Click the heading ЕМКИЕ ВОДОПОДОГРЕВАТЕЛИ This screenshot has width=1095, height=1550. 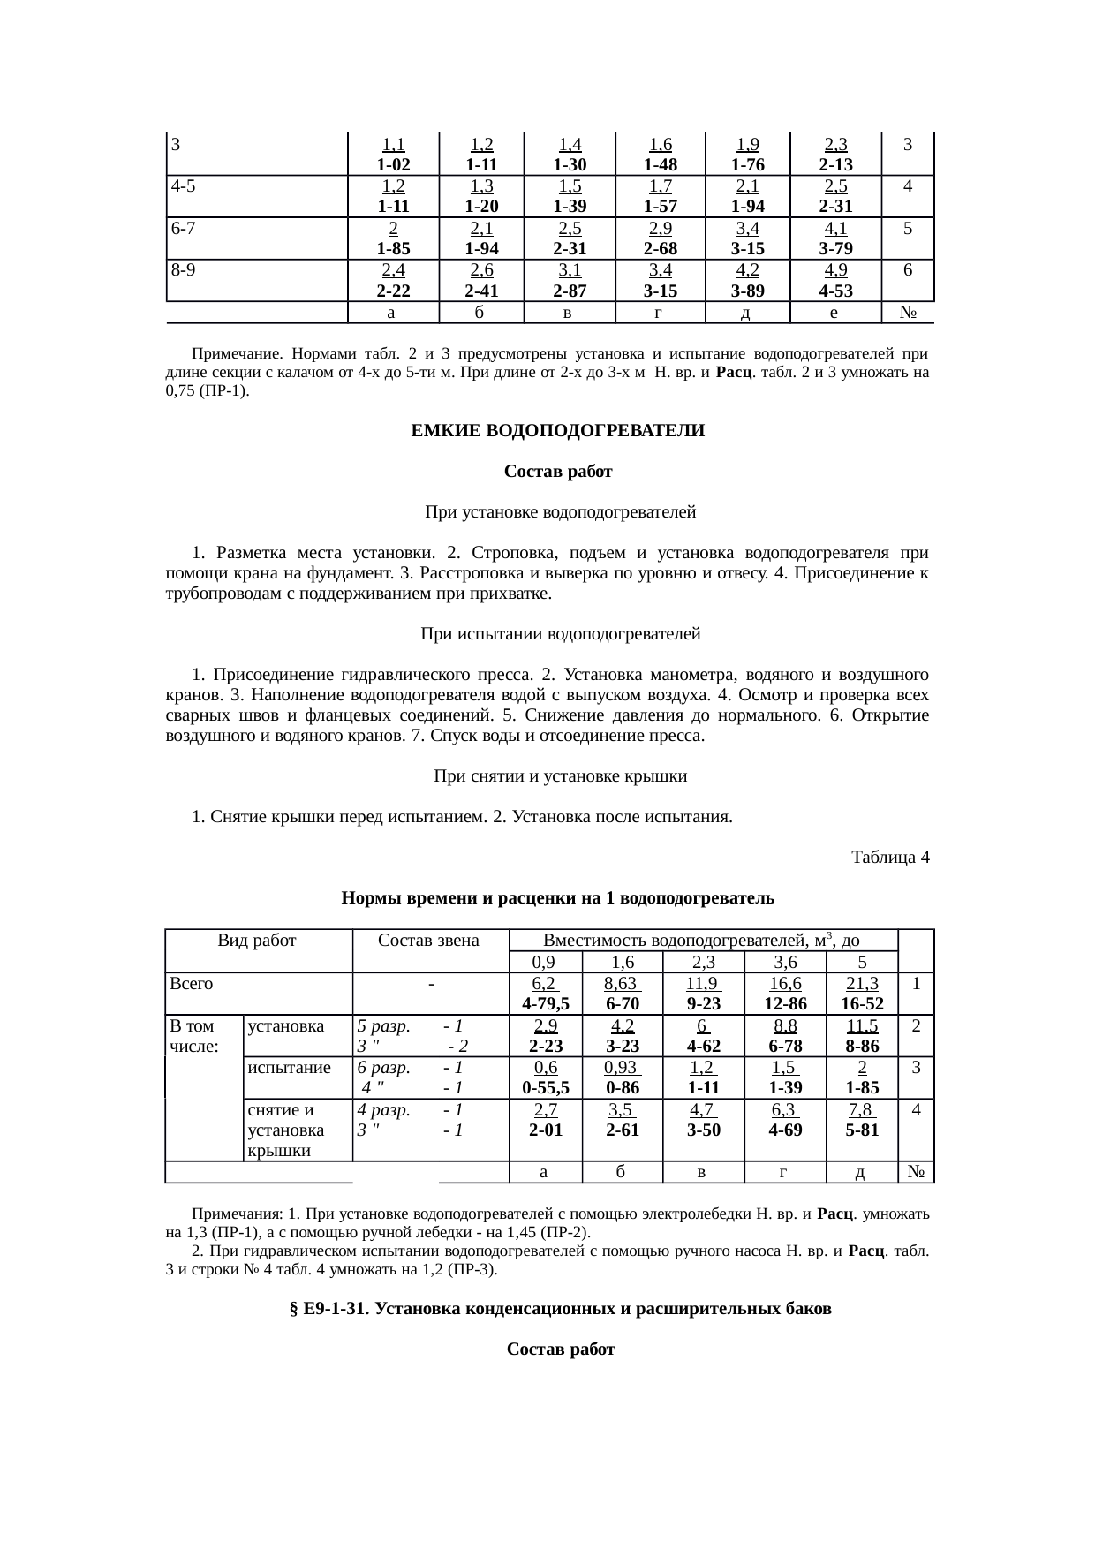point(558,431)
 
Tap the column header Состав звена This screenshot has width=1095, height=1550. point(428,941)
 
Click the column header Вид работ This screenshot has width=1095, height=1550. point(257,941)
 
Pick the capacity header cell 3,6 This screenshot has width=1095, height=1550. point(785,963)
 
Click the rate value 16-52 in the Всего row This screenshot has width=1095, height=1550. point(862,1004)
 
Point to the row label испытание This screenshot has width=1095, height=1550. point(290,1067)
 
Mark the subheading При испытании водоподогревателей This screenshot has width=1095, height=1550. point(560,634)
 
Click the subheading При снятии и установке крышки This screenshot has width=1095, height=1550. point(560,776)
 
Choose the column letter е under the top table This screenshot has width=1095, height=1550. point(834,312)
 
